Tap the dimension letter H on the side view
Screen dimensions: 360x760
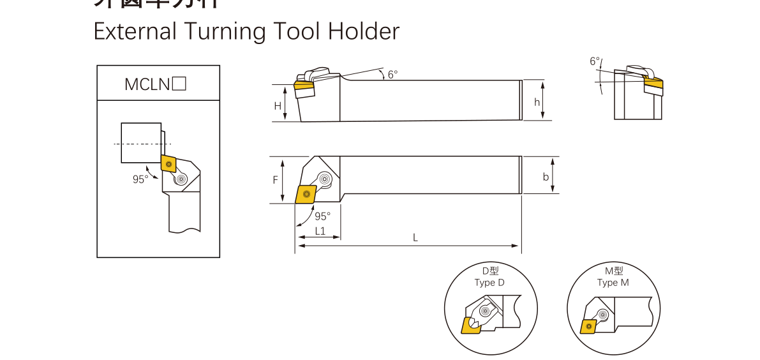tap(278, 106)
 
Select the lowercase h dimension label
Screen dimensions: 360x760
tap(537, 102)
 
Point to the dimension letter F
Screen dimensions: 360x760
tap(276, 180)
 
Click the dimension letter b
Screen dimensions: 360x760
tap(546, 177)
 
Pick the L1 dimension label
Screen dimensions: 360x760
tap(320, 231)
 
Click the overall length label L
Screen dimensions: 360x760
tap(415, 237)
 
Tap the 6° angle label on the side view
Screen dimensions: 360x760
tap(392, 74)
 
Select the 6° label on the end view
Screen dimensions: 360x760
tap(595, 62)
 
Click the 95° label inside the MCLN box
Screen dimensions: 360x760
tap(140, 179)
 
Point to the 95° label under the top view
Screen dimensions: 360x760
tap(322, 216)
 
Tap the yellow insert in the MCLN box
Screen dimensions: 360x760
tap(168, 164)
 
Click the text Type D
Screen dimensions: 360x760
tap(489, 283)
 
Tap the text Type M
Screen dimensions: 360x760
tap(613, 283)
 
